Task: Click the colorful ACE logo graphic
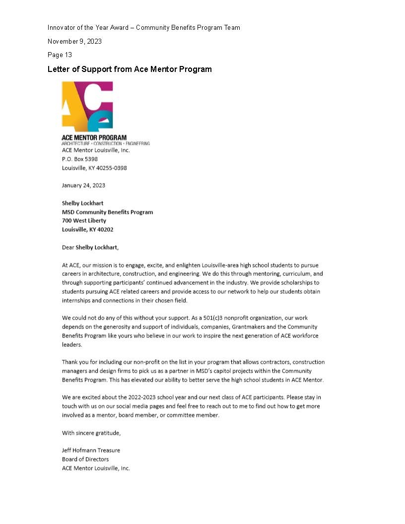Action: click(x=87, y=107)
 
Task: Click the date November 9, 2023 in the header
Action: click(x=74, y=41)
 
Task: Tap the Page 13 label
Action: click(x=60, y=55)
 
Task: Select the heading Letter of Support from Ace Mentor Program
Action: click(x=130, y=69)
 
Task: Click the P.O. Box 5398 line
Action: click(x=79, y=159)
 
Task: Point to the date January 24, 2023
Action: click(x=83, y=185)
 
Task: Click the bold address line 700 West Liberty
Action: click(x=84, y=220)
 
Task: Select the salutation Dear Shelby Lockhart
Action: click(x=90, y=247)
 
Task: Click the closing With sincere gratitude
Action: click(x=91, y=433)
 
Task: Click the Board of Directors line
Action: click(x=85, y=459)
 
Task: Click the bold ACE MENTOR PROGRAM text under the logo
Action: click(x=94, y=137)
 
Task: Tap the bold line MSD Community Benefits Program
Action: click(x=107, y=212)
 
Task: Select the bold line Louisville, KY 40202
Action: click(x=87, y=229)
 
